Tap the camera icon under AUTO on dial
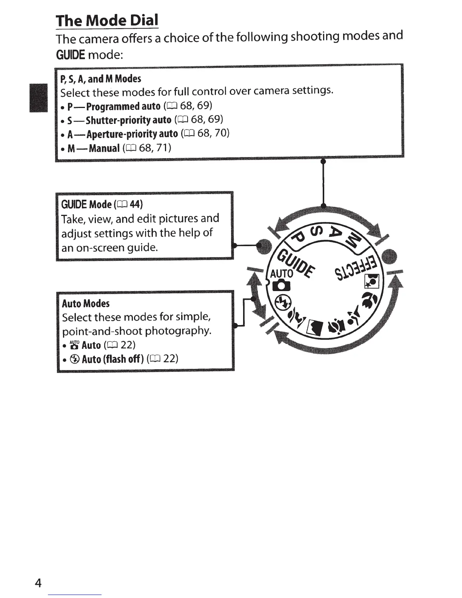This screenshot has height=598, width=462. (x=282, y=285)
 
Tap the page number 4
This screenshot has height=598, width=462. (x=37, y=583)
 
